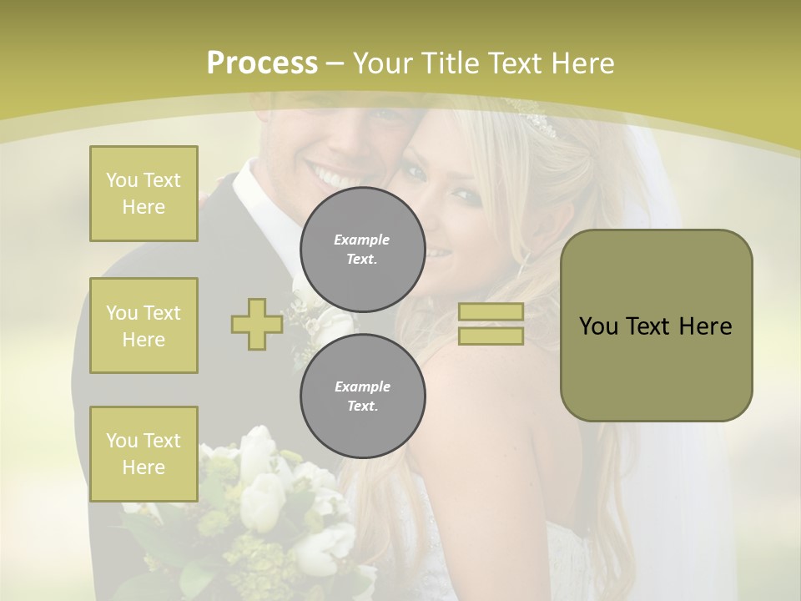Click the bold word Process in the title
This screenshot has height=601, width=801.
pos(262,63)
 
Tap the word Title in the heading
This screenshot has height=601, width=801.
pos(450,63)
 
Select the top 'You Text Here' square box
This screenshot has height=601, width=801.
pos(144,194)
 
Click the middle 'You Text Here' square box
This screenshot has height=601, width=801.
pos(144,326)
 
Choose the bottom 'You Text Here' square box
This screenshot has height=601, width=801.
pos(144,454)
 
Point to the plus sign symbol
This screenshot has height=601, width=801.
pos(257,324)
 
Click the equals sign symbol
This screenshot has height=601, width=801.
pos(491,324)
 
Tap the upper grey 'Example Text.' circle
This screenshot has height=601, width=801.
pos(362,249)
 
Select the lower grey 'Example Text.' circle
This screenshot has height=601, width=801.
pos(362,396)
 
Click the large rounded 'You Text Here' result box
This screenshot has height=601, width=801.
pos(656,326)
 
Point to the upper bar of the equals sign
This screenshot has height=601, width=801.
pos(491,312)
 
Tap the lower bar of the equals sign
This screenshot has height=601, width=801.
pos(491,336)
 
